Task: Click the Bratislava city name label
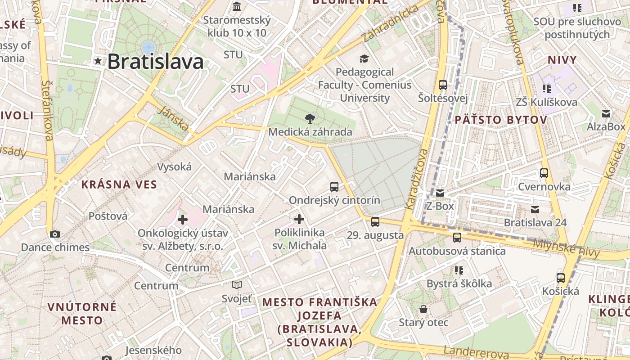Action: click(x=155, y=62)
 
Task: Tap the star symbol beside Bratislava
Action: click(x=98, y=61)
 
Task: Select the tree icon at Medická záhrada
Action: click(x=310, y=119)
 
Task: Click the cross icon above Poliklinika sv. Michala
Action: click(x=299, y=219)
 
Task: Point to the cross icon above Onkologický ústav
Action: click(x=182, y=220)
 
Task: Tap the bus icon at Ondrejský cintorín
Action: click(x=334, y=186)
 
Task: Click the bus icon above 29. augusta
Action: click(x=375, y=221)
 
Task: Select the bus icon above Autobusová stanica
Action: click(x=457, y=237)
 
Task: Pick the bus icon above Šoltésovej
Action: click(x=443, y=85)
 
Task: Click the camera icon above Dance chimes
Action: click(x=55, y=234)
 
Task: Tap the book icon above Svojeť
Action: click(x=237, y=285)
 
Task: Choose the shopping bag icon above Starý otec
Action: click(x=423, y=309)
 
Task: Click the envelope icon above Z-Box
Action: click(x=440, y=193)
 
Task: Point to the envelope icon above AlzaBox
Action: click(x=606, y=113)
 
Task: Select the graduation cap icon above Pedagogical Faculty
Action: click(x=364, y=58)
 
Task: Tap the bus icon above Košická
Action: click(x=560, y=278)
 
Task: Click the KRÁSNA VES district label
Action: click(x=119, y=184)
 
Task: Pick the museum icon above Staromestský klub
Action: click(x=237, y=7)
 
